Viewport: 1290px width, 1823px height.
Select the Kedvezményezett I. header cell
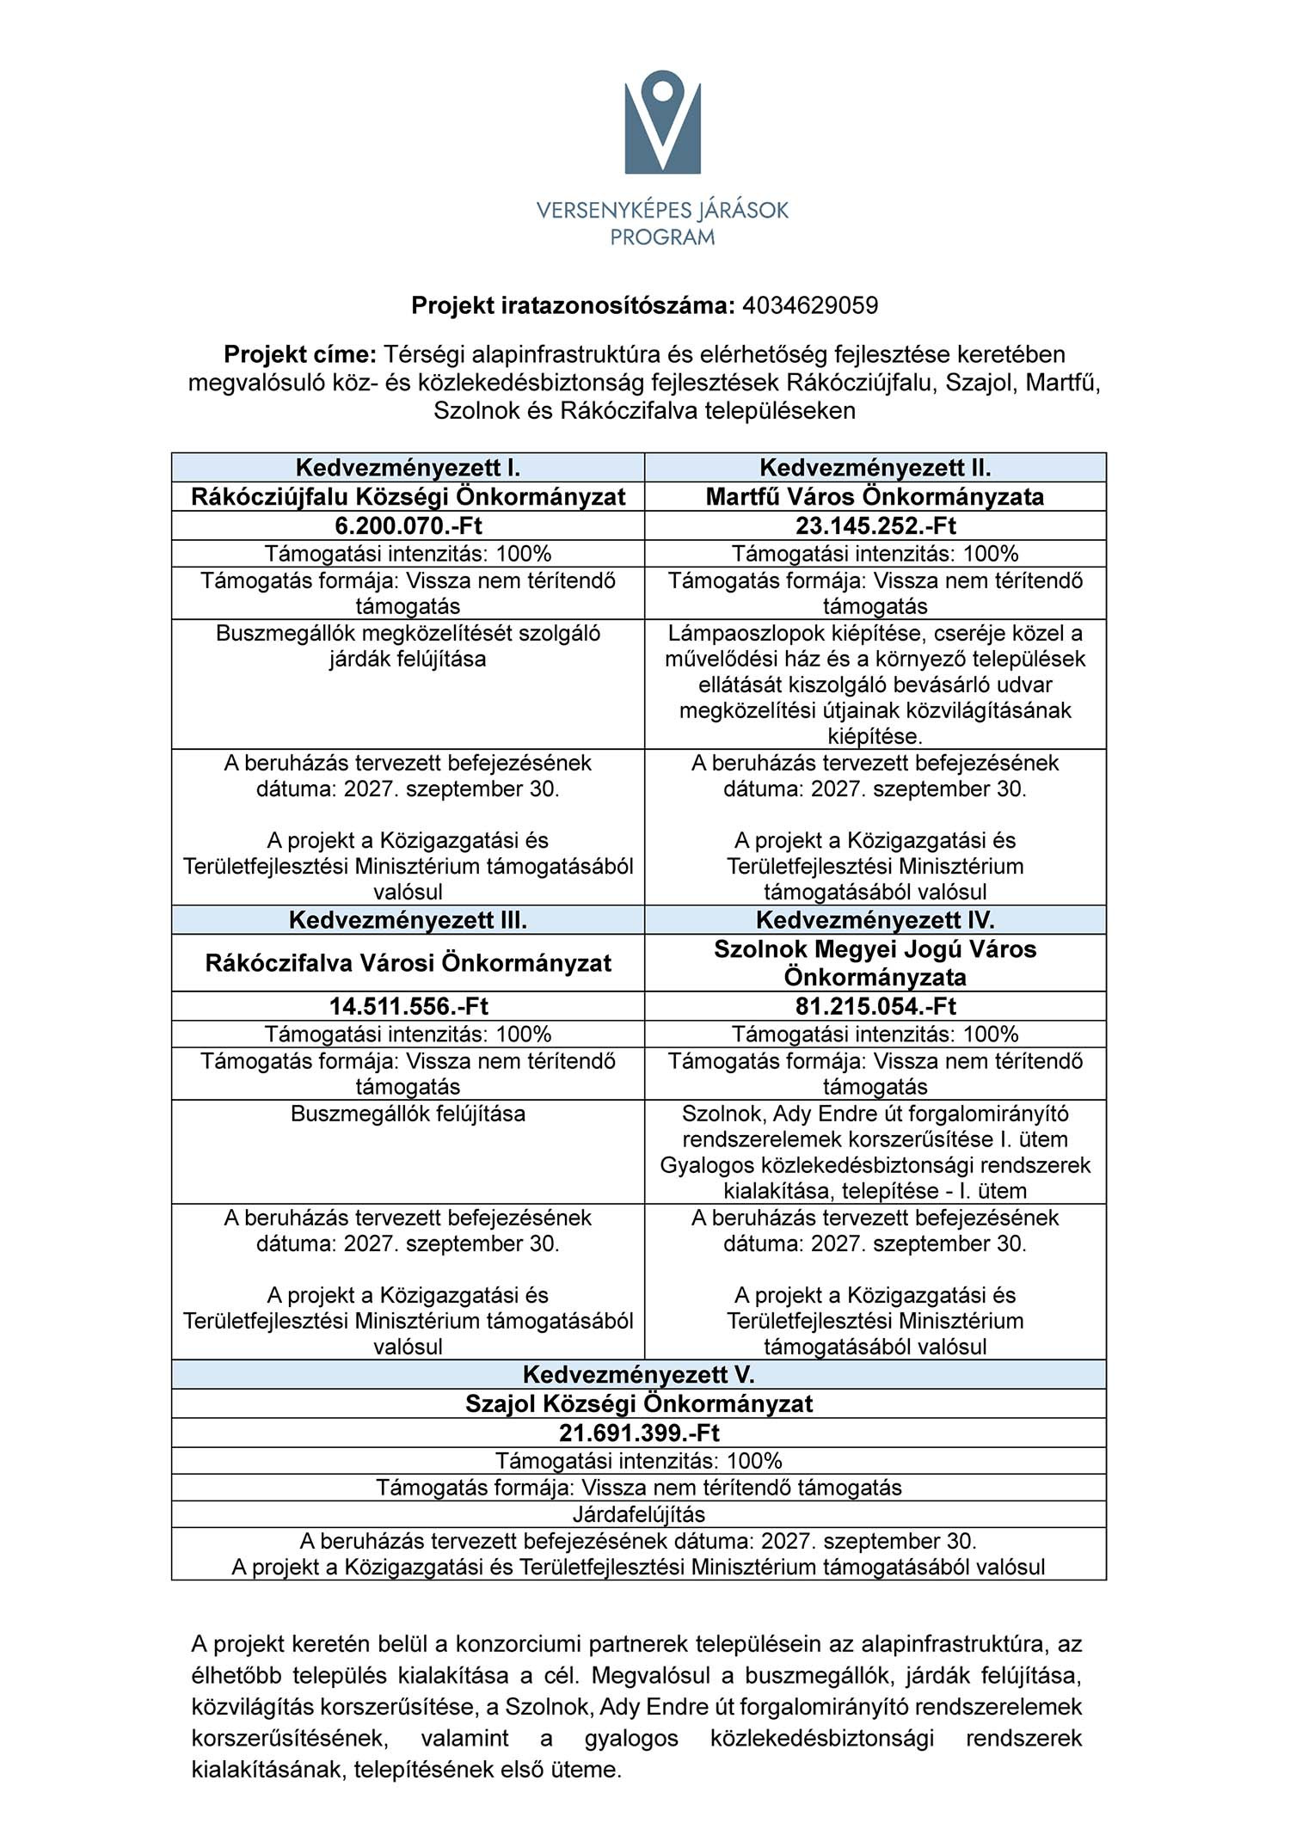[408, 468]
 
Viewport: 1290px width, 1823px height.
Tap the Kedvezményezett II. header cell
[875, 468]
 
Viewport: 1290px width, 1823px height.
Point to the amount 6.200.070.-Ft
[408, 525]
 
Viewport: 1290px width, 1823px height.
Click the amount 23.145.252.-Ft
[875, 525]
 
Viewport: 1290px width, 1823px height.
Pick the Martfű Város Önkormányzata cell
[875, 496]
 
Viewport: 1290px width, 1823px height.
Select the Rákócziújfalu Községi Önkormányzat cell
[408, 496]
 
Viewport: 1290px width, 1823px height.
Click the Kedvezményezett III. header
[408, 920]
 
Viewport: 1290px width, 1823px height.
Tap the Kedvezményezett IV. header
[875, 920]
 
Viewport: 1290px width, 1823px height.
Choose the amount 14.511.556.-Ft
[408, 1006]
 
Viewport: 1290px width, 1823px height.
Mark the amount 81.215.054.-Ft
[875, 1006]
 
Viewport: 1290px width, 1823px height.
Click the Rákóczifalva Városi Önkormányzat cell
[408, 963]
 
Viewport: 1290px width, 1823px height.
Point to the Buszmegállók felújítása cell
[408, 1114]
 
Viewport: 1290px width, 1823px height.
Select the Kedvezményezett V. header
[638, 1374]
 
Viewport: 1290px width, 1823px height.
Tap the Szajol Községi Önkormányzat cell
[638, 1403]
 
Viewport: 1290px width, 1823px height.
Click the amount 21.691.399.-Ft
[638, 1433]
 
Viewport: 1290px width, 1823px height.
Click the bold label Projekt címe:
[300, 354]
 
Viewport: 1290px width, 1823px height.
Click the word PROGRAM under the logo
[662, 236]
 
